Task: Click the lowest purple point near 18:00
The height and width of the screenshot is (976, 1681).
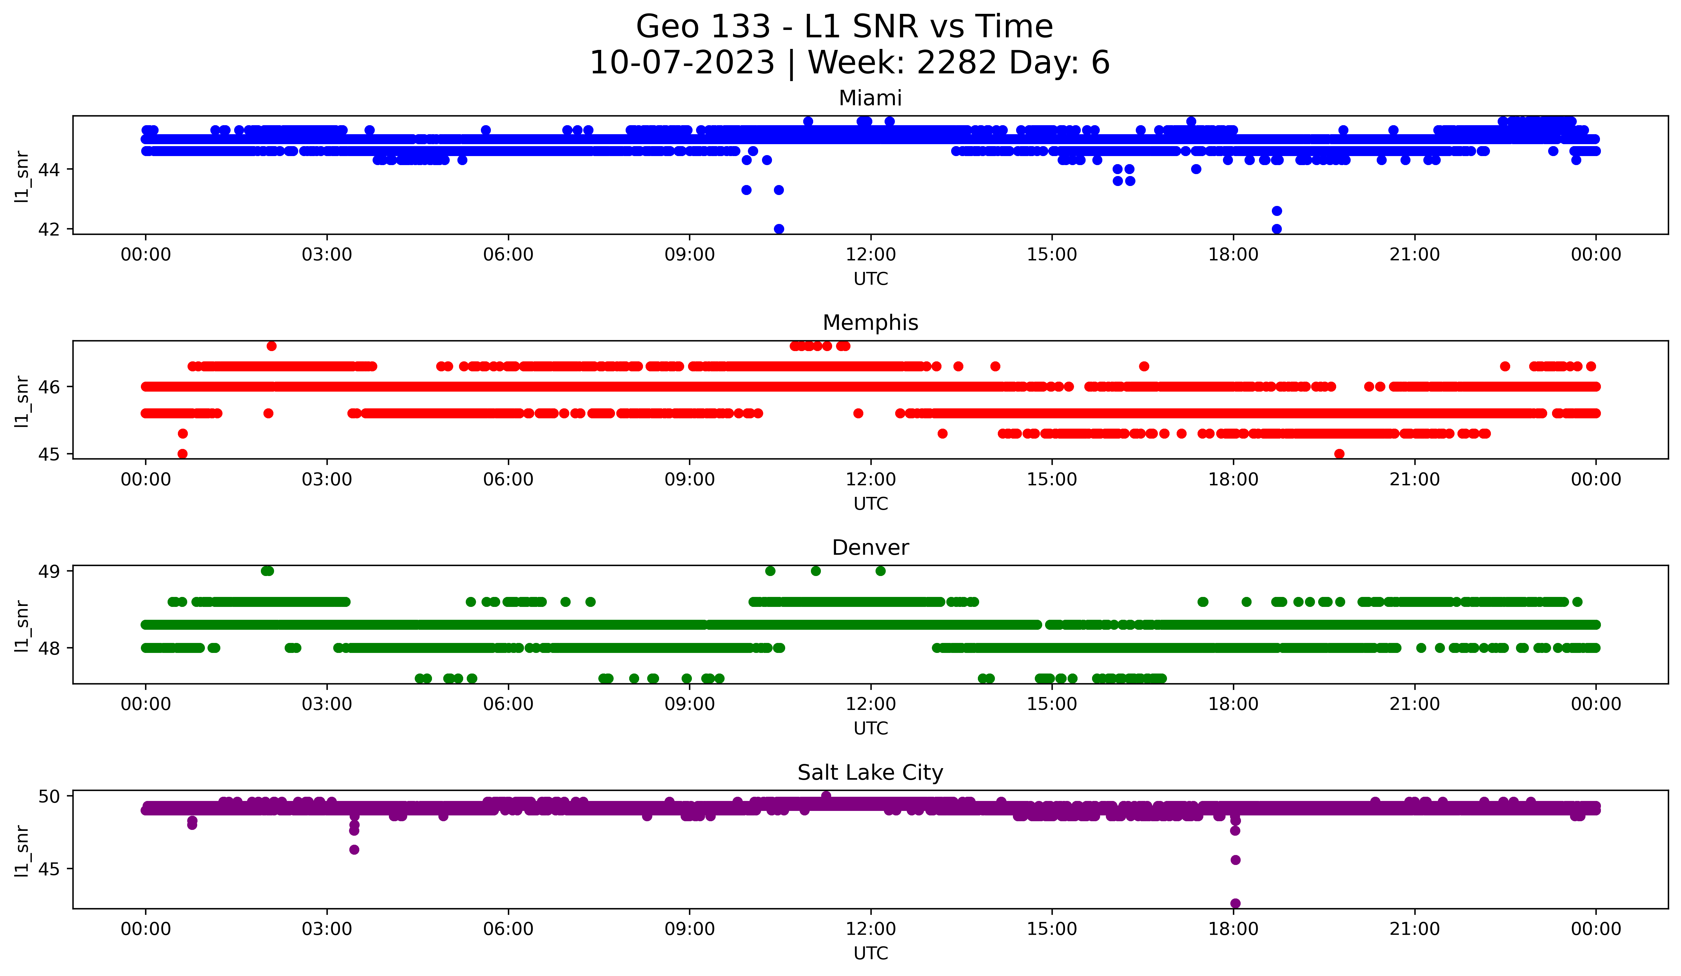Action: point(1235,903)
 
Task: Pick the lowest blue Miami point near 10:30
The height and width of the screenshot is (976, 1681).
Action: point(778,229)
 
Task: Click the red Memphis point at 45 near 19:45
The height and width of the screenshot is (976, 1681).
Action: point(1339,454)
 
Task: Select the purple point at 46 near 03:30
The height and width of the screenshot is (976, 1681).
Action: point(354,849)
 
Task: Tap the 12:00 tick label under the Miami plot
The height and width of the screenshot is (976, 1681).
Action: point(870,255)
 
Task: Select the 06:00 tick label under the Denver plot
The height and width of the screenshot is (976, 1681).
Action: point(508,704)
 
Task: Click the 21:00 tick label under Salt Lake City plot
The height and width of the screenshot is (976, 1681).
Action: point(1414,929)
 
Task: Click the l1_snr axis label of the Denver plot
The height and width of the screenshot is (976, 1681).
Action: point(22,625)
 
